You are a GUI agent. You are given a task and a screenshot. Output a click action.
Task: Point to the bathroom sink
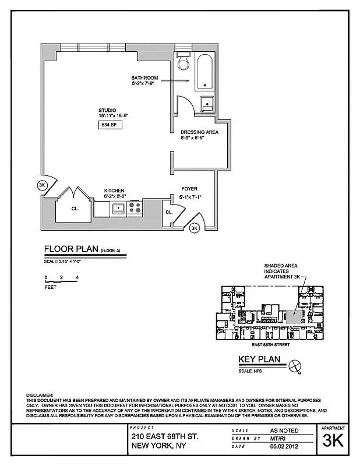(x=206, y=105)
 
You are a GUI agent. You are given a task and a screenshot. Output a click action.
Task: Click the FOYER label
(x=189, y=189)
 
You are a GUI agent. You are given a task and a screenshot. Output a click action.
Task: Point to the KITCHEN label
(x=114, y=190)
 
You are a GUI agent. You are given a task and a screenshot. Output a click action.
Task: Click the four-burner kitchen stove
(x=135, y=207)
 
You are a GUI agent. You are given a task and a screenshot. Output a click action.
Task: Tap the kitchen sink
(x=118, y=207)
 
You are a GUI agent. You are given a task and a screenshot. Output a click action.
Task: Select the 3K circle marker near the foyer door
(x=195, y=228)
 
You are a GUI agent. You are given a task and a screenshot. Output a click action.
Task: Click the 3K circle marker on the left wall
(x=41, y=185)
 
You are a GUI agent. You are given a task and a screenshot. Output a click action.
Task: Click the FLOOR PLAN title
(x=72, y=250)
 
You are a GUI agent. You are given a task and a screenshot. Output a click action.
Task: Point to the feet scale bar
(x=61, y=281)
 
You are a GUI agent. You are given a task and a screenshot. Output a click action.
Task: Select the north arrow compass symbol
(x=295, y=366)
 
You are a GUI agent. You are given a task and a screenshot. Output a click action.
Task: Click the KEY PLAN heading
(x=260, y=359)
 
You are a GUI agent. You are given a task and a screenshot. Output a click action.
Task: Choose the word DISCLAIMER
(x=40, y=395)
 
